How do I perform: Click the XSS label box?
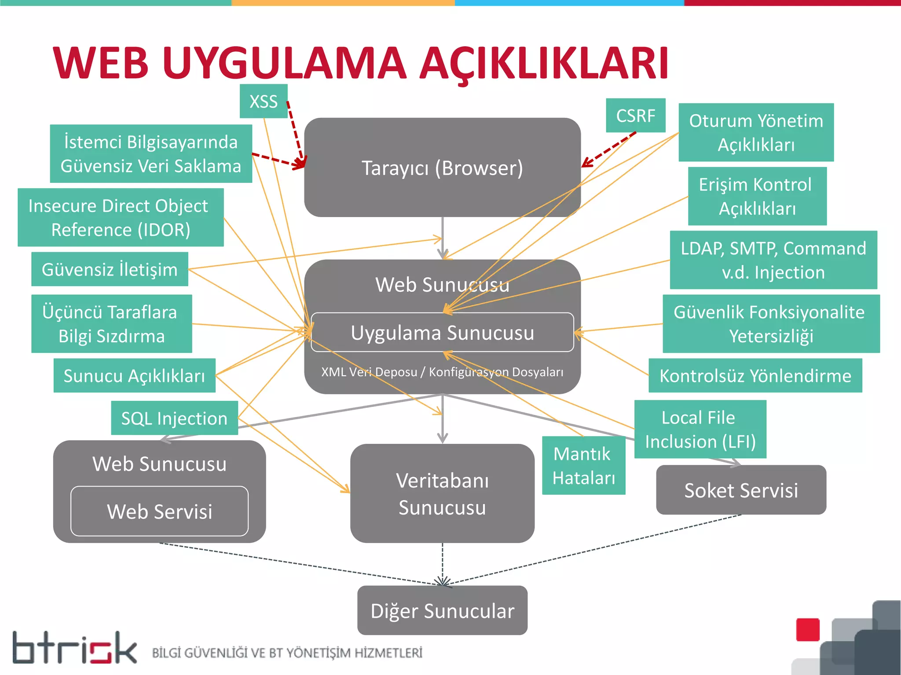click(x=264, y=102)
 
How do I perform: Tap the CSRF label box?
click(x=635, y=116)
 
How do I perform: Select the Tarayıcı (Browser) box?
click(x=442, y=167)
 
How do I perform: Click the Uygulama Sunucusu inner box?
click(x=442, y=333)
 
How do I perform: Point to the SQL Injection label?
click(x=174, y=418)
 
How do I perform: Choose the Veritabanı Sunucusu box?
click(x=442, y=494)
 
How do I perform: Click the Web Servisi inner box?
click(x=159, y=511)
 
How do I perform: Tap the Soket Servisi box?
click(x=741, y=490)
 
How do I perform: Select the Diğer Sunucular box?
click(x=442, y=610)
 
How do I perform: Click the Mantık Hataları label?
click(x=583, y=465)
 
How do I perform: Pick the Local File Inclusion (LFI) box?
click(x=700, y=429)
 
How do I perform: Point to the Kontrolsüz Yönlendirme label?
click(x=755, y=376)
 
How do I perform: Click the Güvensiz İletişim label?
click(x=110, y=269)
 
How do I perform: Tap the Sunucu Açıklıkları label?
click(x=134, y=376)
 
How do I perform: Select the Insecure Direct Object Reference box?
click(x=121, y=218)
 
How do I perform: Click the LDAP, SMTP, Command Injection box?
click(x=773, y=260)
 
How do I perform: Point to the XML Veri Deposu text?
click(x=369, y=372)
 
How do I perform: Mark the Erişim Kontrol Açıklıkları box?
click(x=757, y=196)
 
